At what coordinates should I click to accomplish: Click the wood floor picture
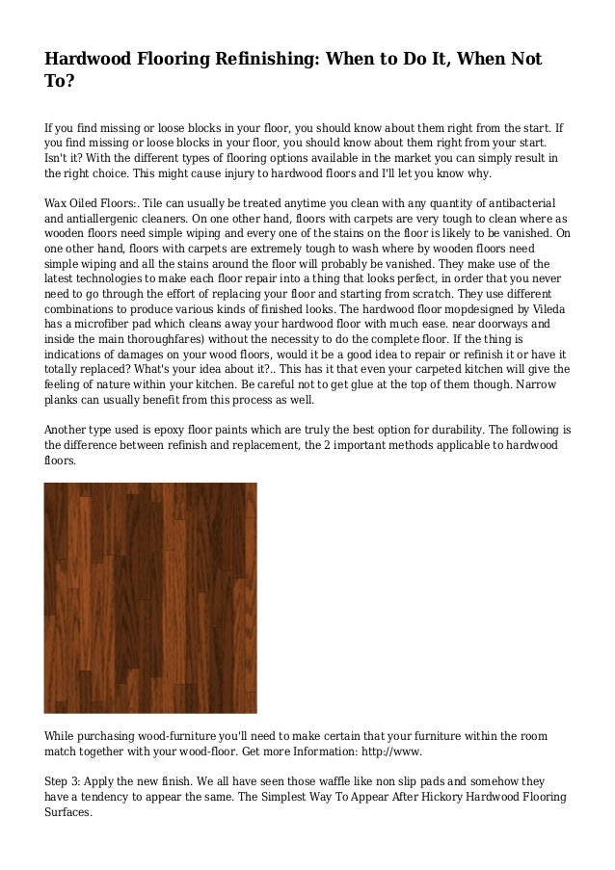[x=150, y=597]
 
